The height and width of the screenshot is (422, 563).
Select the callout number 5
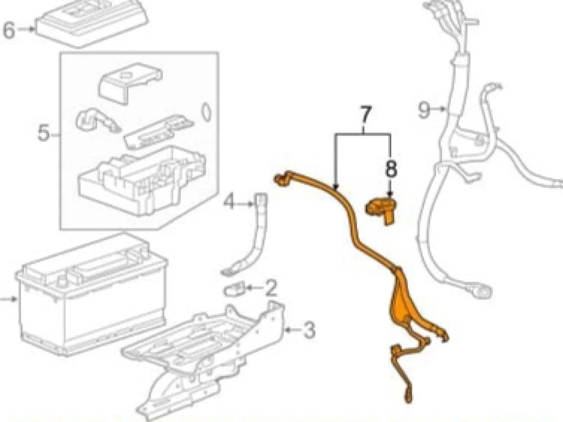click(44, 133)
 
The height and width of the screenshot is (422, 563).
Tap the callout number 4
click(229, 200)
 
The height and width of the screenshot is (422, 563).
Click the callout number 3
click(309, 330)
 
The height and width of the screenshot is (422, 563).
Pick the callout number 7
click(364, 116)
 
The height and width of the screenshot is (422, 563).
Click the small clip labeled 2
click(234, 290)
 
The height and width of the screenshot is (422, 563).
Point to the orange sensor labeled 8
click(380, 210)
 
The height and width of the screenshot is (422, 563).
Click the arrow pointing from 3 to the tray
click(292, 329)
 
